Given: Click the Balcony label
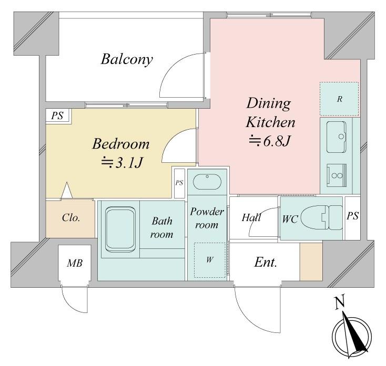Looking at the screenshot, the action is click(127, 59).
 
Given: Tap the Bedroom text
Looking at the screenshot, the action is click(121, 144).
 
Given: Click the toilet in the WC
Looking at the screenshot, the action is click(322, 217).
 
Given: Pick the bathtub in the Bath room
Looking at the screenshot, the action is click(120, 229).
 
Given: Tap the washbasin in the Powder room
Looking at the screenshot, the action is click(207, 182).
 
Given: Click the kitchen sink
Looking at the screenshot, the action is click(336, 137).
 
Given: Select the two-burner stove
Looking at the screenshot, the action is click(337, 175).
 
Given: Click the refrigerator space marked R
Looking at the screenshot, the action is click(339, 99).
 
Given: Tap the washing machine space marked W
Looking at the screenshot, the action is click(210, 260).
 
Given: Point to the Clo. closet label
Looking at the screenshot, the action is click(71, 218).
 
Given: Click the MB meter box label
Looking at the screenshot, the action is click(75, 263).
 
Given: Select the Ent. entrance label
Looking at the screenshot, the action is click(266, 262).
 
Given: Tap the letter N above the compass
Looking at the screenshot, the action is click(340, 302).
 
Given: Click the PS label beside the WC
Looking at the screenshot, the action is click(352, 216).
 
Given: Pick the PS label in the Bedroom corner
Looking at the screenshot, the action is click(57, 116).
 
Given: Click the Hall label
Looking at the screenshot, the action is click(251, 217).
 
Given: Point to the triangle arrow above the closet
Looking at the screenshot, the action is click(67, 190).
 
